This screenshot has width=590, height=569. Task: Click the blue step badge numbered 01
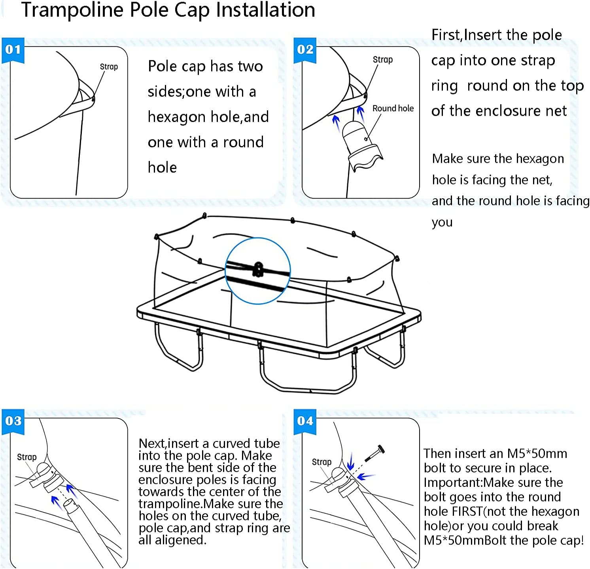[13, 50]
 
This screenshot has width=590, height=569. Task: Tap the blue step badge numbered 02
[305, 50]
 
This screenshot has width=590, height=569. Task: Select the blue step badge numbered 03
[13, 421]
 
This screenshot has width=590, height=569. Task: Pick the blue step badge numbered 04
[305, 421]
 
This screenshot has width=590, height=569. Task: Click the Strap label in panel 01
[109, 67]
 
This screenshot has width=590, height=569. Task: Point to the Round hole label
[393, 109]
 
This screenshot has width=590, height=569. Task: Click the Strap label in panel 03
[26, 457]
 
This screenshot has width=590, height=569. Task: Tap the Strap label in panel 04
[321, 462]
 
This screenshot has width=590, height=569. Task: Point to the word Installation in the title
[265, 10]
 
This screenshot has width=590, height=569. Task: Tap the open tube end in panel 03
[69, 503]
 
